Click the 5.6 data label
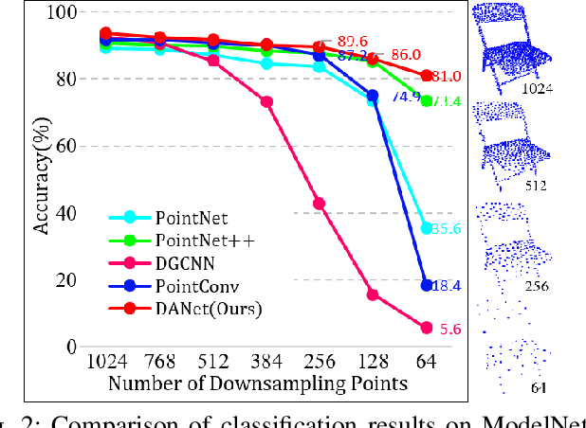tap(451, 330)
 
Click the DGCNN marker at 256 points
tap(319, 204)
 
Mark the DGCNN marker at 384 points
tap(266, 101)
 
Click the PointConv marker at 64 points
tap(427, 285)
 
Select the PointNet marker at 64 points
tap(427, 228)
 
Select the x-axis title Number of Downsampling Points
tap(257, 384)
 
